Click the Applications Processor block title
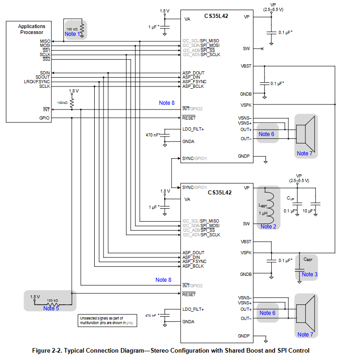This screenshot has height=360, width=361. (x=32, y=29)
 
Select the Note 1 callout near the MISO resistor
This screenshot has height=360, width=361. (x=72, y=34)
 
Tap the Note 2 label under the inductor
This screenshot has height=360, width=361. (x=268, y=227)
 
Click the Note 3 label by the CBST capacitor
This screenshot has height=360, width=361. (x=309, y=274)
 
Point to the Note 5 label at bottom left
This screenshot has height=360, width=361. (x=51, y=309)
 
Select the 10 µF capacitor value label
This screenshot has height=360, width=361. (x=309, y=211)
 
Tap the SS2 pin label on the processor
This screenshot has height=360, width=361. (x=46, y=59)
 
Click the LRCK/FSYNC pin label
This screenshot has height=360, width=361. (x=37, y=82)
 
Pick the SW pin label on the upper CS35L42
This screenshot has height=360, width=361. (x=246, y=49)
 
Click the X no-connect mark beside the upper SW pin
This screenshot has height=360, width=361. (x=262, y=49)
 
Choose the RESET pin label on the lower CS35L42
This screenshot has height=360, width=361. (x=189, y=294)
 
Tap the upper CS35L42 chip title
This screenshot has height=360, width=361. (x=216, y=16)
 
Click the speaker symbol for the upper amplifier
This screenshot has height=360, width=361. (x=305, y=134)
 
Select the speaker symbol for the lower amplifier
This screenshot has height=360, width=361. (x=305, y=314)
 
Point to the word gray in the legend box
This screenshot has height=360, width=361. (x=130, y=323)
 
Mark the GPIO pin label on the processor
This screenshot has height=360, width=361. (x=44, y=118)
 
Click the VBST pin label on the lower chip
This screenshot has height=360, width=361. (x=246, y=242)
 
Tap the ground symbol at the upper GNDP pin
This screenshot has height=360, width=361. (x=266, y=160)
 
